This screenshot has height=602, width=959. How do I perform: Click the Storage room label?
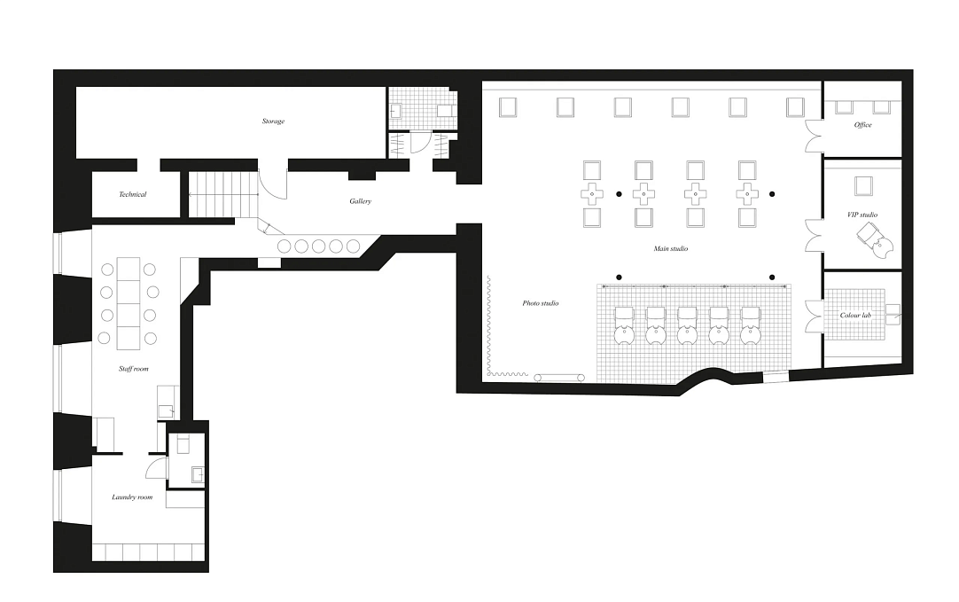pyautogui.click(x=273, y=121)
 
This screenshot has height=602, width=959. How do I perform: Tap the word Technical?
pyautogui.click(x=133, y=194)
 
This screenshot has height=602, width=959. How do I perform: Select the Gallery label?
pyautogui.click(x=360, y=201)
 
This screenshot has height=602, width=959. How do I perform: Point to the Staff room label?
pyautogui.click(x=133, y=369)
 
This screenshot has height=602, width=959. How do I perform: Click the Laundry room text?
pyautogui.click(x=132, y=497)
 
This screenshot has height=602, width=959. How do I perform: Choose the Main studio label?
pyautogui.click(x=670, y=248)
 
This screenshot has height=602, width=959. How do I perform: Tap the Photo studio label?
pyautogui.click(x=541, y=303)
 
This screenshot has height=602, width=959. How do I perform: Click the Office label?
pyautogui.click(x=863, y=125)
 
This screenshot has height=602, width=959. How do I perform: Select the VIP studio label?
pyautogui.click(x=862, y=215)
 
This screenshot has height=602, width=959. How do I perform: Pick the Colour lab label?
pyautogui.click(x=855, y=315)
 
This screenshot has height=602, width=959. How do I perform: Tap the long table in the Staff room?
pyautogui.click(x=129, y=304)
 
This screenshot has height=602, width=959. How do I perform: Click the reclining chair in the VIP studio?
pyautogui.click(x=875, y=239)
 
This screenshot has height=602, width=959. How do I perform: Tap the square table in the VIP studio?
pyautogui.click(x=863, y=186)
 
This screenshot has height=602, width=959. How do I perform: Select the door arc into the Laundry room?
pyautogui.click(x=157, y=469)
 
